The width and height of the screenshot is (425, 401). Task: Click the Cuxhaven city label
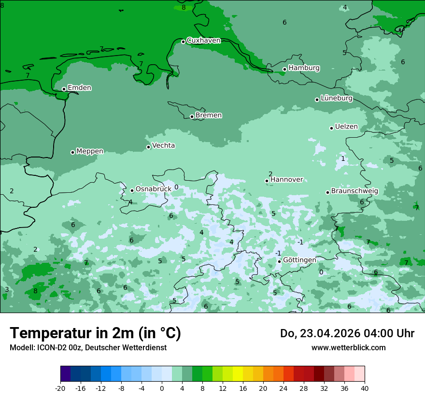pos(203,41)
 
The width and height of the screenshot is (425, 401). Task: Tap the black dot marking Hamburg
pos(285,69)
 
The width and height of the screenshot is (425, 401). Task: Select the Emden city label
pos(79,88)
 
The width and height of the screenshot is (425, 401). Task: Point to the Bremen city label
pos(209,115)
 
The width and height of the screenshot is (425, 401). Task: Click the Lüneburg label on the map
pos(337,99)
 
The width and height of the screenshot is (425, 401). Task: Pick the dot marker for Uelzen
pos(332,128)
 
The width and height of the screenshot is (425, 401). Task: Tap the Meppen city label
pos(90,151)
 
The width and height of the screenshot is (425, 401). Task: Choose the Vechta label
pos(164,145)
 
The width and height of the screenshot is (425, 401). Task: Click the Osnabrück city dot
pos(132,190)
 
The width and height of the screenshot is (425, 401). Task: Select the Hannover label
pos(286,180)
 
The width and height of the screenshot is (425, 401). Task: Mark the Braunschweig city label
pos(354,191)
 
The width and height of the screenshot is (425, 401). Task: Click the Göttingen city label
pos(299,260)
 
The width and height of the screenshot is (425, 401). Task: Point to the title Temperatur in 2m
pos(95,333)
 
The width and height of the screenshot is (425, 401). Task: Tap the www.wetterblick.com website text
pos(348,348)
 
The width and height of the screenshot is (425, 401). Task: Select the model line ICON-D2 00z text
pos(88,348)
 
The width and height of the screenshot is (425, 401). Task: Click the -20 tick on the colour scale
pos(60,388)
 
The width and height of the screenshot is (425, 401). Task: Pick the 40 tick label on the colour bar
pos(364,388)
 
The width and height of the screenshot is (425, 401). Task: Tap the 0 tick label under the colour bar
pos(162,388)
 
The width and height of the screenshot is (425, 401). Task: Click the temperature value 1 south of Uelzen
pos(343,159)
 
